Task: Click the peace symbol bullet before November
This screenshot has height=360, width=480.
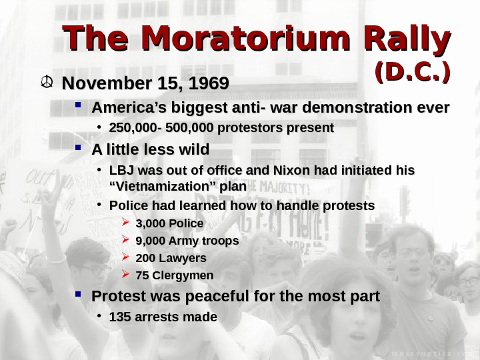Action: [x=46, y=84]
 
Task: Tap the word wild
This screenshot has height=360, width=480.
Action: [x=191, y=148]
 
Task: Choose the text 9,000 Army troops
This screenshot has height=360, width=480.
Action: [x=187, y=240]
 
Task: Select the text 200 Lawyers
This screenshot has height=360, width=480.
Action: [x=171, y=257]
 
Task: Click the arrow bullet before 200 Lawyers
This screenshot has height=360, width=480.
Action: [x=127, y=257]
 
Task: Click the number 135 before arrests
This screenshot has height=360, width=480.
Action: [x=119, y=317]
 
